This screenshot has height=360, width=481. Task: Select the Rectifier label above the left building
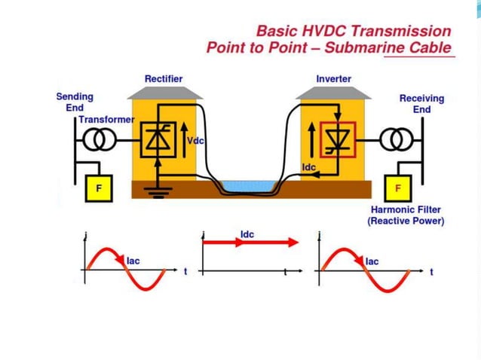tap(164, 78)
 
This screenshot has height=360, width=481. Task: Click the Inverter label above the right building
tap(334, 78)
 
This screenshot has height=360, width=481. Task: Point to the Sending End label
tap(75, 102)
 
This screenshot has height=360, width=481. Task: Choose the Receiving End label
tap(421, 103)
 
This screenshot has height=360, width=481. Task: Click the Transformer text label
tap(106, 120)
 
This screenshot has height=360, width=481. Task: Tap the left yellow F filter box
tap(98, 188)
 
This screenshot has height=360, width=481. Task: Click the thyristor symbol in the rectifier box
tap(159, 139)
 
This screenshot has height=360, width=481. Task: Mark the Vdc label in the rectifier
tap(197, 141)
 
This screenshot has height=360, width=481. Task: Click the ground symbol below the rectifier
tap(157, 193)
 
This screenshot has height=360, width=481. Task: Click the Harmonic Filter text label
tap(406, 209)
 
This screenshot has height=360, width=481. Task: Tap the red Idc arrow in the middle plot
tap(250, 243)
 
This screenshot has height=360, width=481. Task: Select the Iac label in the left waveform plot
tap(133, 261)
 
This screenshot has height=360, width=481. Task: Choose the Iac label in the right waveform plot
tap(372, 261)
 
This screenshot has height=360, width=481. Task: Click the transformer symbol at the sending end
tap(95, 141)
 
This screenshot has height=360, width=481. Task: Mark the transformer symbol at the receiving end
tap(397, 140)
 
